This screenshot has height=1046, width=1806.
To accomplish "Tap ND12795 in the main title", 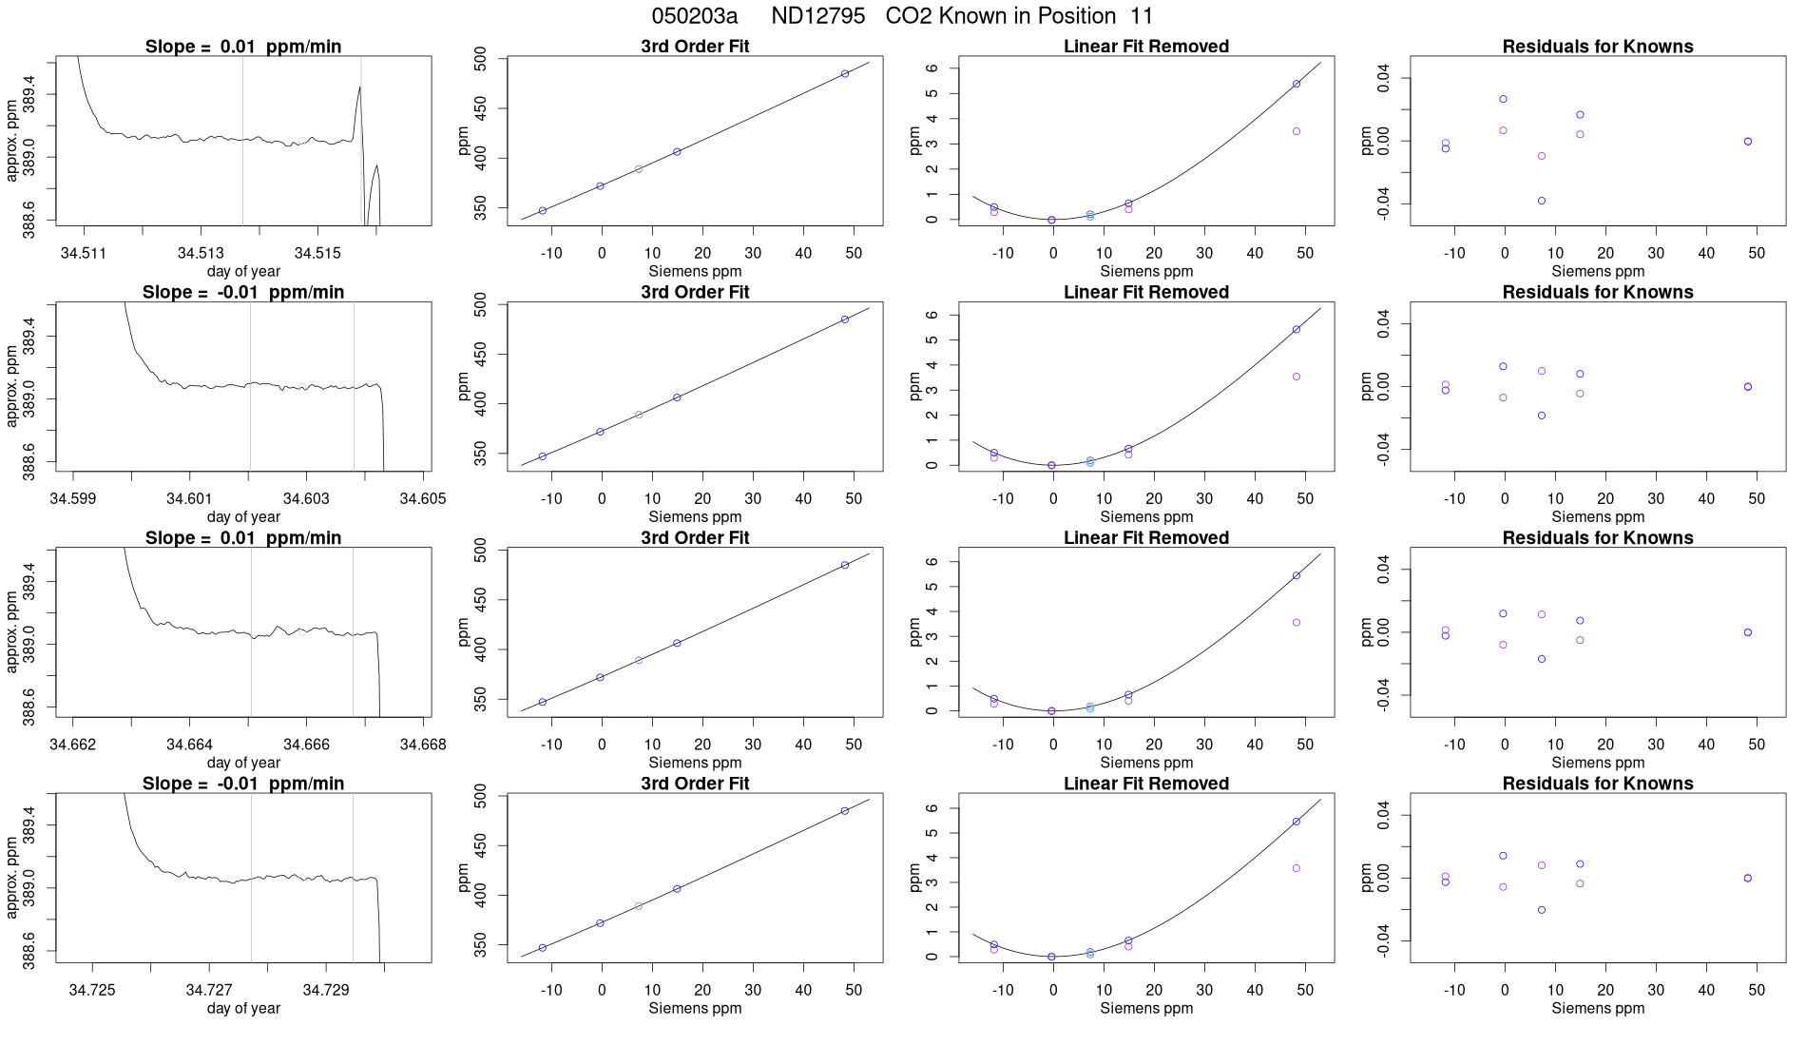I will pyautogui.click(x=817, y=16).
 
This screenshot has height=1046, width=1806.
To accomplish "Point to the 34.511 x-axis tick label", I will pyautogui.click(x=84, y=253).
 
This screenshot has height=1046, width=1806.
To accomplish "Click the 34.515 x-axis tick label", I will pyautogui.click(x=317, y=253).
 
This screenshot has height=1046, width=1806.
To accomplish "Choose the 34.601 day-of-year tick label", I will pyautogui.click(x=189, y=498).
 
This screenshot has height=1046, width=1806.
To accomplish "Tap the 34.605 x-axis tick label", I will pyautogui.click(x=423, y=498).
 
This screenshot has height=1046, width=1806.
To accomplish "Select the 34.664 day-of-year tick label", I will pyautogui.click(x=189, y=745).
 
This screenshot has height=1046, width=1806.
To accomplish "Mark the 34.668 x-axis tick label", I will pyautogui.click(x=423, y=745).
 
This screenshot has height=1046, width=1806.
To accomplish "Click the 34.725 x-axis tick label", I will pyautogui.click(x=92, y=990).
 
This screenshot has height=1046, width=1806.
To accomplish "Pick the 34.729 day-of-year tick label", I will pyautogui.click(x=326, y=990).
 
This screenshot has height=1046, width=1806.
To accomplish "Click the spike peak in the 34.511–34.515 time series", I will pyautogui.click(x=359, y=87).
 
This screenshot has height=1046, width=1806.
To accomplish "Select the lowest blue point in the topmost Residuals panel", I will pyautogui.click(x=1542, y=201).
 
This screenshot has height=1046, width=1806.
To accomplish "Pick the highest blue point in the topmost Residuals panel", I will pyautogui.click(x=1503, y=99).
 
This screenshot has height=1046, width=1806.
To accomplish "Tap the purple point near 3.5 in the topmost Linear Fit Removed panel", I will pyautogui.click(x=1297, y=131).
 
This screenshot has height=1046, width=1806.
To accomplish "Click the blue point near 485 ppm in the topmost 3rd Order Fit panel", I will pyautogui.click(x=845, y=73).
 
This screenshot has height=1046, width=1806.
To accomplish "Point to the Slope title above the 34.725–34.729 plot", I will pyautogui.click(x=243, y=784).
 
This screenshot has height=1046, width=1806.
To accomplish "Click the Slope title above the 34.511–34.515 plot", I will pyautogui.click(x=243, y=47).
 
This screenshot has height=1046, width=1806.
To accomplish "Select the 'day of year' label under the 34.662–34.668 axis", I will pyautogui.click(x=243, y=763).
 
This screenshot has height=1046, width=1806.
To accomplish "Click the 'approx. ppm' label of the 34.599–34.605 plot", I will pyautogui.click(x=12, y=386).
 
